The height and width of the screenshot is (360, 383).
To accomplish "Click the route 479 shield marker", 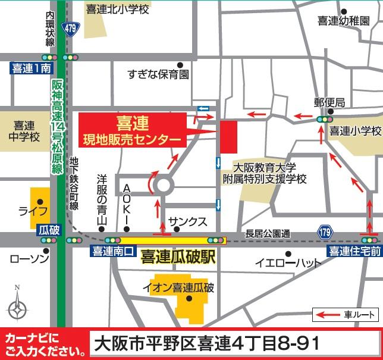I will (x=71, y=28).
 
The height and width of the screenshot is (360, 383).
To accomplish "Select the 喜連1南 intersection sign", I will (x=32, y=69).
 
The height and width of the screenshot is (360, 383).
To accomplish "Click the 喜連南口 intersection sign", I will (x=111, y=252).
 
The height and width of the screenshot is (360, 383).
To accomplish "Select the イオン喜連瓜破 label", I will (x=178, y=288).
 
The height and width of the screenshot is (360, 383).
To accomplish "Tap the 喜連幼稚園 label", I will (x=343, y=21).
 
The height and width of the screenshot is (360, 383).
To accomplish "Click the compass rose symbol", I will (x=17, y=309).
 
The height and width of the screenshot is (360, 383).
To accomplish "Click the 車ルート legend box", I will (x=346, y=314).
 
